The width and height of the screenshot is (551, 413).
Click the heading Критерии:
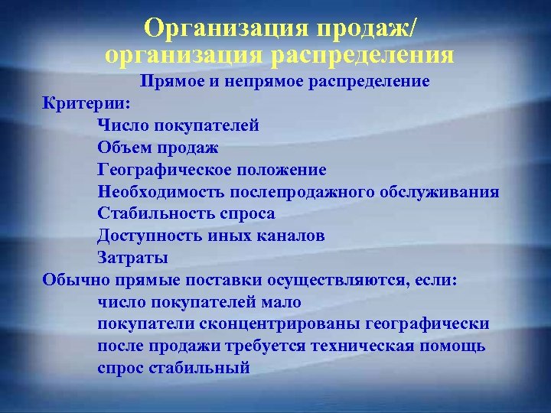[x=86, y=102]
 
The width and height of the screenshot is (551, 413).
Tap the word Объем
[x=122, y=147]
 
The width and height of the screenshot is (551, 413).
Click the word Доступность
[x=149, y=236]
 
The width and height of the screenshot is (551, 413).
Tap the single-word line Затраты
[x=132, y=258]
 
